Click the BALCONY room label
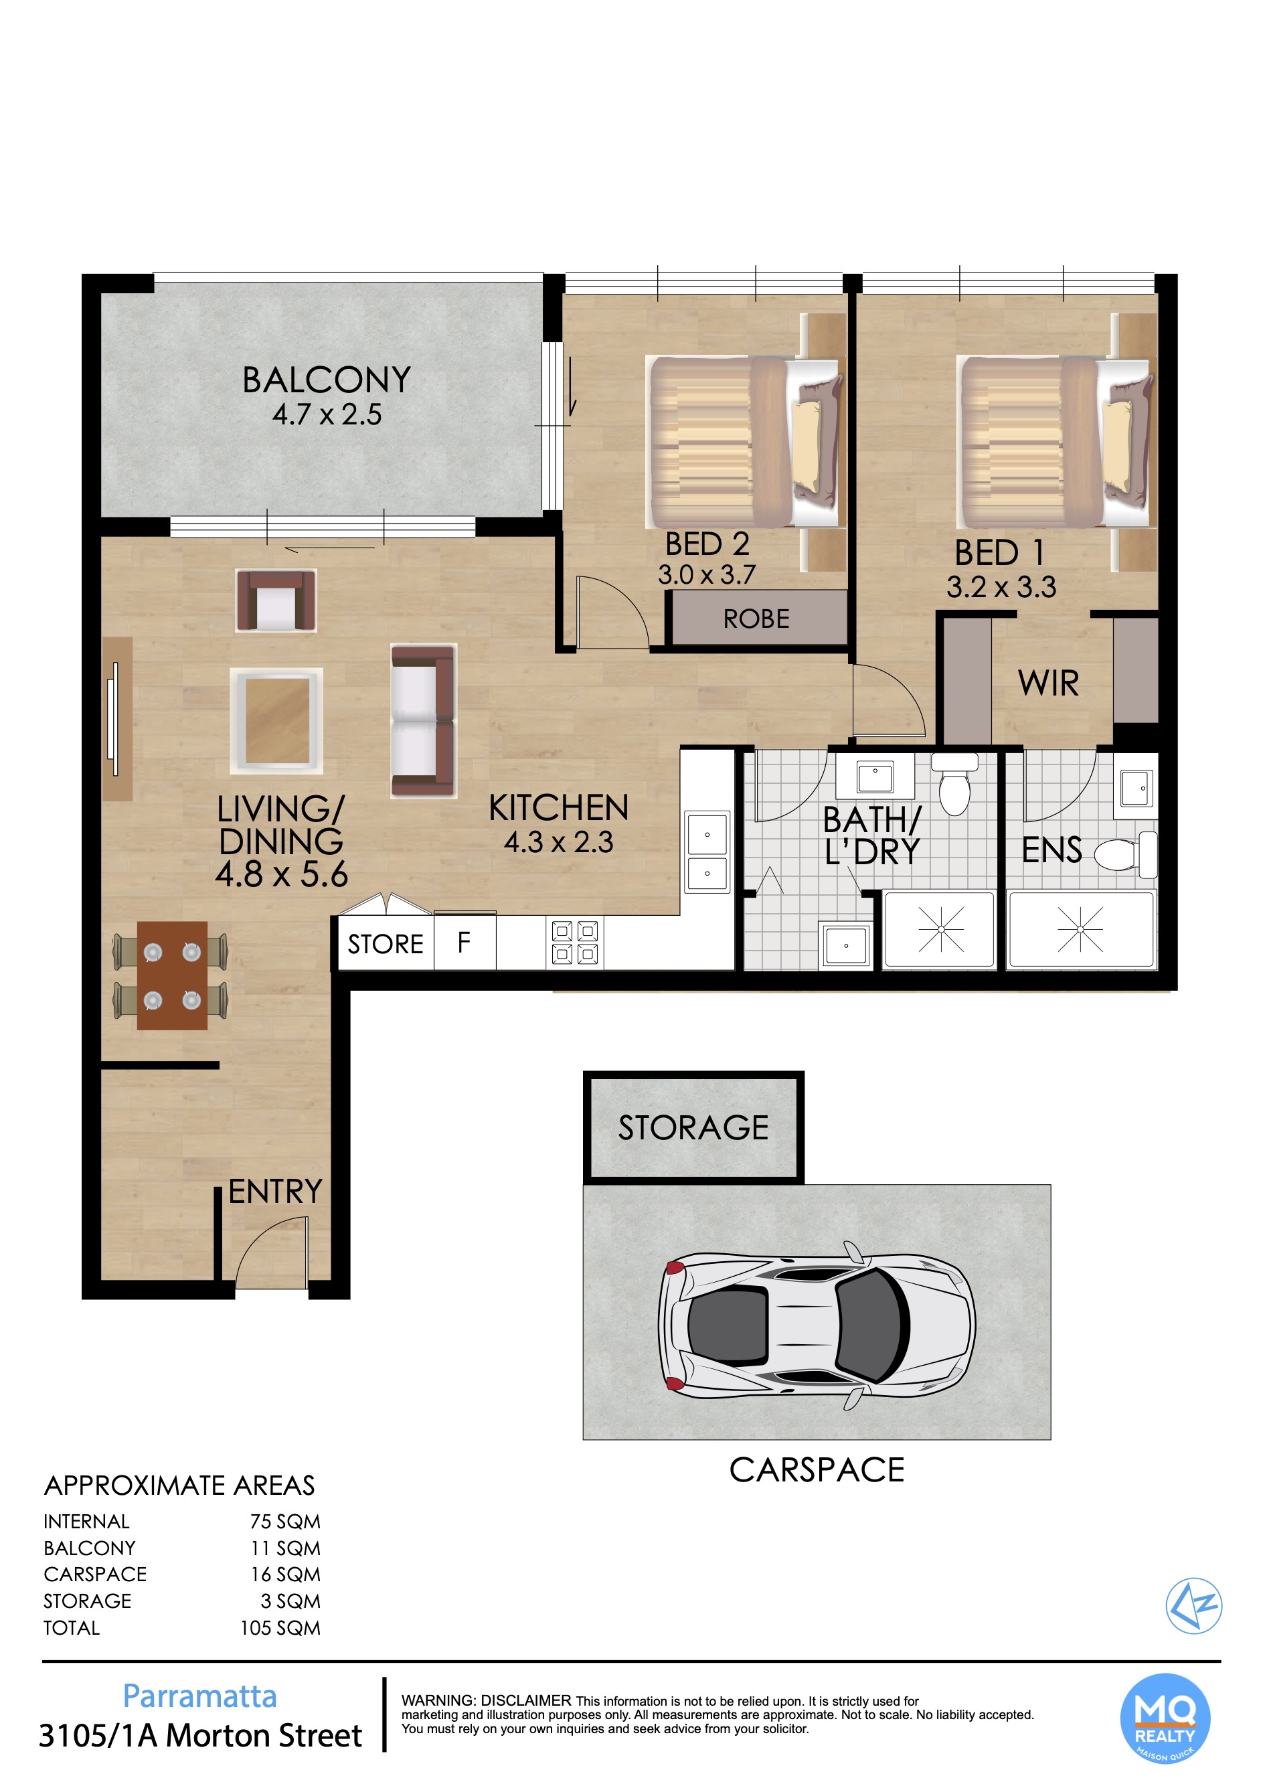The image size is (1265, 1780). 327,380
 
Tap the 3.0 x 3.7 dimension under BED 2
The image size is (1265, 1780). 707,575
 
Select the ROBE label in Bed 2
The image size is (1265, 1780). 756,619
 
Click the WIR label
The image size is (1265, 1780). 1048,683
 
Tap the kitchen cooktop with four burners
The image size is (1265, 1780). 575,943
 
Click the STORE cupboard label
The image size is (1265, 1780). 385,944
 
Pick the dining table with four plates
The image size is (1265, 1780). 172,975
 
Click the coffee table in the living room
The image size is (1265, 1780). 276,720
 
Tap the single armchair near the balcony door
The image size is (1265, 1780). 276,600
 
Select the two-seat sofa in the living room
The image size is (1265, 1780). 423,720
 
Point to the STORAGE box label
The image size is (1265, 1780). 693,1127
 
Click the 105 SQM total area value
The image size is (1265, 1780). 280,1628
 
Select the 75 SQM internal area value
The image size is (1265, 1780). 285,1522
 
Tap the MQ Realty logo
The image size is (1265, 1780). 1165,1718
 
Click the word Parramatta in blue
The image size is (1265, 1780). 200,1696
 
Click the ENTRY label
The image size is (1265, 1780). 275,1191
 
